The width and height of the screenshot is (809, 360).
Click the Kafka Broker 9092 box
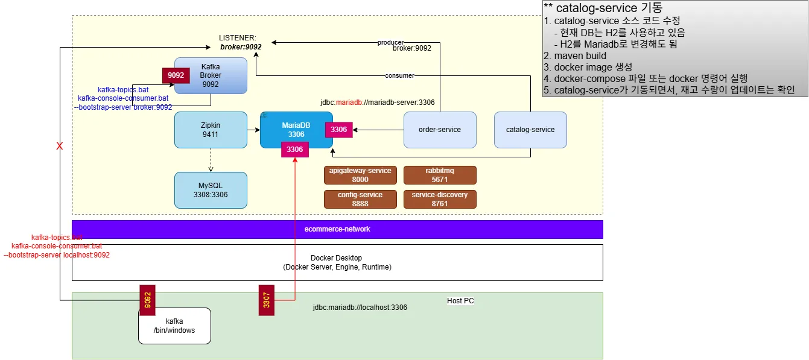(211, 75)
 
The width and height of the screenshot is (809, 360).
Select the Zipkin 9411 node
(211, 130)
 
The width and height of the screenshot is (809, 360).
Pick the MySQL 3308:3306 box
(211, 190)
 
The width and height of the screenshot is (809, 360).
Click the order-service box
(440, 130)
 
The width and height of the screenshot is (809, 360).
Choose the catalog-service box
(530, 130)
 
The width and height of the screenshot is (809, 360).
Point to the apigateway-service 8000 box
(360, 175)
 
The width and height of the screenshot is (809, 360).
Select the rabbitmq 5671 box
(440, 175)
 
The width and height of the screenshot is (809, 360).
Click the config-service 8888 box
(360, 199)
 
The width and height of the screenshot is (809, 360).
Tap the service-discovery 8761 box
(440, 199)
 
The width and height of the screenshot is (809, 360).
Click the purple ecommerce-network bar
(337, 229)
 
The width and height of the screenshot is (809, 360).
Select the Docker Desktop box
(337, 262)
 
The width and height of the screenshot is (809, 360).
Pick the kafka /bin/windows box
(174, 326)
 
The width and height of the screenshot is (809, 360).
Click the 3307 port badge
(266, 299)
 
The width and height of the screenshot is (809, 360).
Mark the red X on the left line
(59, 146)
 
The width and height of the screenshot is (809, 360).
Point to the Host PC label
(460, 301)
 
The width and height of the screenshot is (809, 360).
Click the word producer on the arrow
(390, 42)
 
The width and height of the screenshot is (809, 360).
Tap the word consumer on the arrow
(399, 75)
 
